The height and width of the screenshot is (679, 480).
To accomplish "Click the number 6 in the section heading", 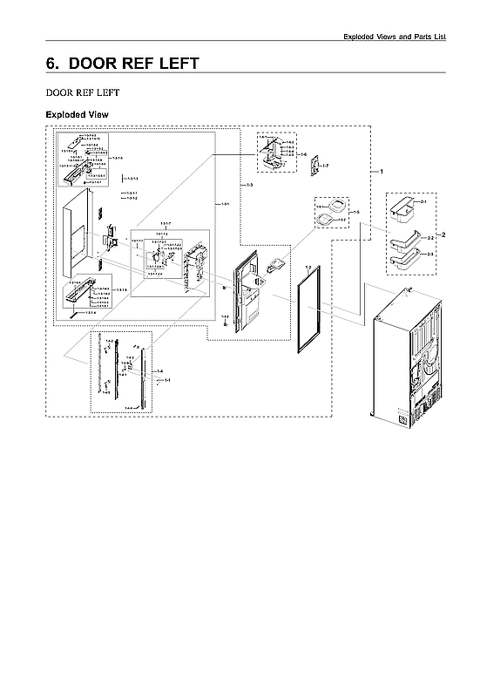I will click(x=52, y=64).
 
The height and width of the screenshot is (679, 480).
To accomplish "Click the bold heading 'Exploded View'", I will click(x=76, y=115).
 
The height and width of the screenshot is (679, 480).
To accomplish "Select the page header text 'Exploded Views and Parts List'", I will click(x=394, y=36).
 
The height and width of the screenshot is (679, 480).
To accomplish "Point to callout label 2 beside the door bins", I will click(x=444, y=235).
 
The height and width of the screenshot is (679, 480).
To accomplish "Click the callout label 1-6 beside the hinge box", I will click(x=303, y=154).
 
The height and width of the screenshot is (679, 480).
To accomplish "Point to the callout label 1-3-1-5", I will click(x=117, y=158).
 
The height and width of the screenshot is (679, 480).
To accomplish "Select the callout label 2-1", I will click(x=424, y=202).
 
